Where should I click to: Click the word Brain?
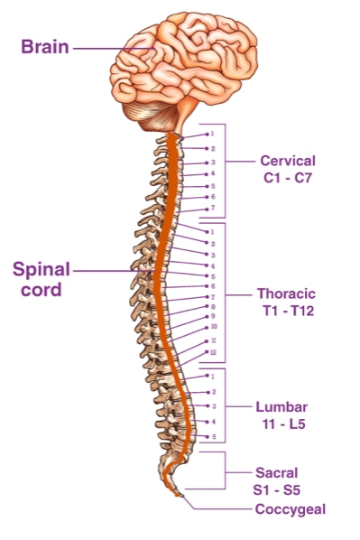coord(45,45)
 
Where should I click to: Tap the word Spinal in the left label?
coord(42,269)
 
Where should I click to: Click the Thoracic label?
coord(287,293)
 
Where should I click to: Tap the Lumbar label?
coord(282,406)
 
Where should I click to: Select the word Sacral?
coord(277,471)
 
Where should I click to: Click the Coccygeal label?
coord(290,509)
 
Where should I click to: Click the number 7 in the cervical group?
coord(212,208)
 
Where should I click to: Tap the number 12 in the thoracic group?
coord(212,351)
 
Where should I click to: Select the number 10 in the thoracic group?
coord(212,327)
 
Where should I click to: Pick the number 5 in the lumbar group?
coord(212,436)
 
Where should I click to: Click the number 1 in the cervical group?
coord(212,135)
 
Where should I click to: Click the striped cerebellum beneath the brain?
coord(157,112)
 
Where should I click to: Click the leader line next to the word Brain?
coord(104,46)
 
